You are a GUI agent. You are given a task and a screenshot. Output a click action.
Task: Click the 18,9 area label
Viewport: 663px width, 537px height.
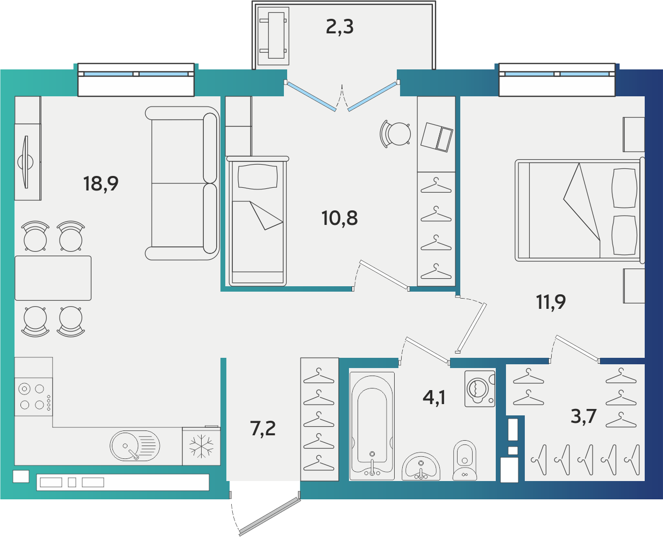tap(101, 184)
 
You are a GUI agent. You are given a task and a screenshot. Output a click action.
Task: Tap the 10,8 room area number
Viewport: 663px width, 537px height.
tap(340, 218)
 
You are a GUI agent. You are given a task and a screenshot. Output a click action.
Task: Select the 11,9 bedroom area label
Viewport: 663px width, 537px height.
tap(551, 302)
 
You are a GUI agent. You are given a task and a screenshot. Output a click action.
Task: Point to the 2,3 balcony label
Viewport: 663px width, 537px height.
tap(340, 27)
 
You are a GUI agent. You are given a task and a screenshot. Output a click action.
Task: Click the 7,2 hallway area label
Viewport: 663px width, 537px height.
tap(263, 429)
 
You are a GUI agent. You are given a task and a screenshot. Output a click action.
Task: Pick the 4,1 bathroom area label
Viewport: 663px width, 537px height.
tap(434, 398)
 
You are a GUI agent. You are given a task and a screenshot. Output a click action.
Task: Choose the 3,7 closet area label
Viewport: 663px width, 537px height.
tap(583, 416)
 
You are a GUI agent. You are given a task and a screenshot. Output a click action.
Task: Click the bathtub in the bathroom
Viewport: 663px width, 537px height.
tap(372, 426)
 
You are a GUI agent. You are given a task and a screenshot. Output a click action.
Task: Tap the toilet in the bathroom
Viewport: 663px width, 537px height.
tap(465, 461)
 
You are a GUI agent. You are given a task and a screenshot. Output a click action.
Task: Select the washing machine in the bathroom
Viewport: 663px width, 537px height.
tap(480, 388)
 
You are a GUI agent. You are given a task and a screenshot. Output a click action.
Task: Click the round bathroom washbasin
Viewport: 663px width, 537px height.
tap(421, 467)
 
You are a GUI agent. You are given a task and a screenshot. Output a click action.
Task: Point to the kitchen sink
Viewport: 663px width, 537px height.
tap(134, 446)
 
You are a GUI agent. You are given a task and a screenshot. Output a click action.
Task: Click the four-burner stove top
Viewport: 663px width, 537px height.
tap(34, 397)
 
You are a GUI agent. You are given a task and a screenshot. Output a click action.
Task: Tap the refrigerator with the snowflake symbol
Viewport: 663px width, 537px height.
tap(202, 447)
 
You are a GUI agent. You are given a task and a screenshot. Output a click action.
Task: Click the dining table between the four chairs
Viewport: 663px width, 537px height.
tap(53, 278)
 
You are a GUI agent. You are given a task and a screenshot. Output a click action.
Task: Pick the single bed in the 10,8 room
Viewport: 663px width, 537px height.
tap(258, 221)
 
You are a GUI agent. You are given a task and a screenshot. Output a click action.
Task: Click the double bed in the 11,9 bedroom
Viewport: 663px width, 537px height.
tap(580, 210)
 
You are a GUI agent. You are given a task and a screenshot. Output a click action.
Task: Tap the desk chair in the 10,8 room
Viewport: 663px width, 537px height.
tap(395, 134)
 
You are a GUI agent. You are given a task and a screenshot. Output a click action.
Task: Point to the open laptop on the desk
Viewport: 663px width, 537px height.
tap(437, 137)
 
